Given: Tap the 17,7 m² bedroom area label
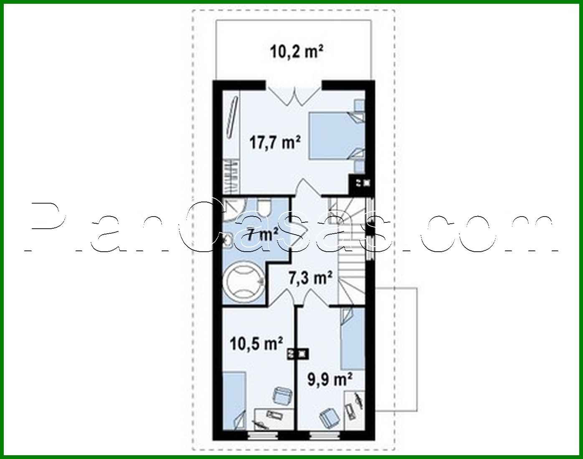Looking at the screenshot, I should click(275, 142).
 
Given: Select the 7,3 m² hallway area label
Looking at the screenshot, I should click(311, 277).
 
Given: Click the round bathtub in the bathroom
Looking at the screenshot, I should click(243, 282).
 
